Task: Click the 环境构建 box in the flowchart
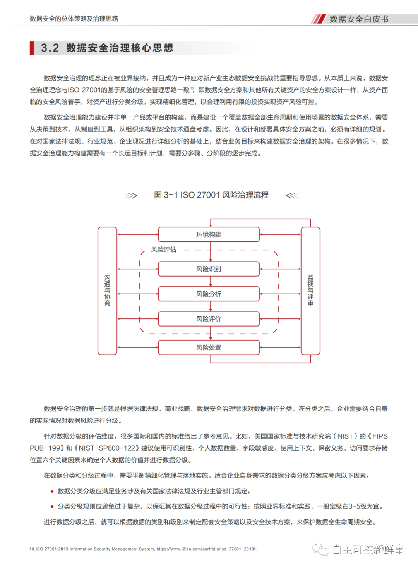pyautogui.click(x=209, y=234)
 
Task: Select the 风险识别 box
pyautogui.click(x=209, y=269)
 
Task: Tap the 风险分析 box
pyautogui.click(x=209, y=294)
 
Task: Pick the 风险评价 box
pyautogui.click(x=209, y=319)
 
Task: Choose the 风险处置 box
pyautogui.click(x=209, y=348)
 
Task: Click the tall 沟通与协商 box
pyautogui.click(x=107, y=291)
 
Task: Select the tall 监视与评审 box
pyautogui.click(x=310, y=291)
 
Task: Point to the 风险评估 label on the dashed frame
pyautogui.click(x=164, y=250)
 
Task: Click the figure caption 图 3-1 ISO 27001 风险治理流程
pyautogui.click(x=211, y=195)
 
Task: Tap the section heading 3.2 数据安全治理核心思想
pyautogui.click(x=107, y=48)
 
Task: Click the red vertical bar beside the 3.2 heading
pyautogui.click(x=32, y=48)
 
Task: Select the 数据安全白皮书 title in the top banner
pyautogui.click(x=359, y=19)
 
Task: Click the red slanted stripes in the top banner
pyautogui.click(x=319, y=19)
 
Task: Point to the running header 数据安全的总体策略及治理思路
pyautogui.click(x=74, y=19)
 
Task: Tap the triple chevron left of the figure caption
pyautogui.click(x=131, y=196)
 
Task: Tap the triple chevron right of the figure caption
pyautogui.click(x=292, y=196)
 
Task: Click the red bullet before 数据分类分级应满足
pyautogui.click(x=52, y=491)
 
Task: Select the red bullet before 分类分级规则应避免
pyautogui.click(x=52, y=506)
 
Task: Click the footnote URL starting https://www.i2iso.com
pyautogui.click(x=206, y=549)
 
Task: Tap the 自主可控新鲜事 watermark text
pyautogui.click(x=368, y=549)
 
